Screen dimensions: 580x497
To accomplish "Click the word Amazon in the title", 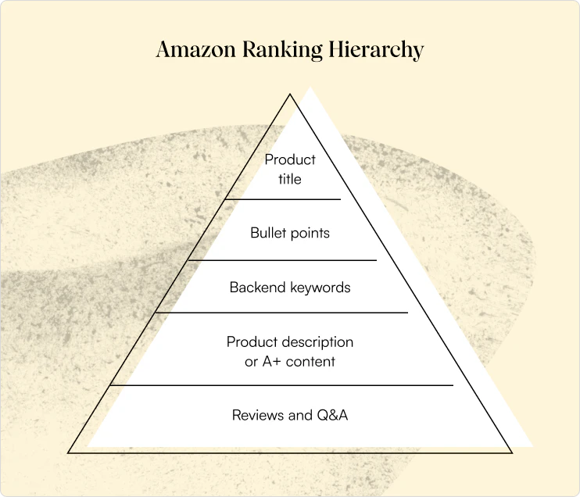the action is (x=195, y=49).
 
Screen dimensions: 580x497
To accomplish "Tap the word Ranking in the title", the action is (x=282, y=50).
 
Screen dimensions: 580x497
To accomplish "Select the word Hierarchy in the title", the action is (x=376, y=50).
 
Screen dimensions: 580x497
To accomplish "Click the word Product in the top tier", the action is (x=290, y=159).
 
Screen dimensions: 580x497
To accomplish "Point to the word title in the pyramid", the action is (x=290, y=180).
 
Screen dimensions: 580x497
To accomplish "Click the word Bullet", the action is (x=269, y=233).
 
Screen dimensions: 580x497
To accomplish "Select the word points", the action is (x=310, y=234).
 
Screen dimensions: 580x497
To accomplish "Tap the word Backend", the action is (x=258, y=288).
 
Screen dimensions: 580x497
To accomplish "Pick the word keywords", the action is (x=320, y=288).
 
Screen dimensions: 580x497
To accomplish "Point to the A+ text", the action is (x=271, y=362).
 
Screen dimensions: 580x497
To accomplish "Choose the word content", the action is (x=310, y=362).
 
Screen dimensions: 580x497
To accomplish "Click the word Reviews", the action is (x=258, y=415).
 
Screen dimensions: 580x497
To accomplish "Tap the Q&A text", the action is (x=332, y=415).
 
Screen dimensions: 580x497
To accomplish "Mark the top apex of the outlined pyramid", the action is (x=290, y=95).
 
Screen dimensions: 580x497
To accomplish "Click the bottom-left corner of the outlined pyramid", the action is (x=69, y=452).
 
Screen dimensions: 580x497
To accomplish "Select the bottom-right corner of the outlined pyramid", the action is (x=511, y=452).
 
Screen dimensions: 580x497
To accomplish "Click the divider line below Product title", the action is (x=283, y=199).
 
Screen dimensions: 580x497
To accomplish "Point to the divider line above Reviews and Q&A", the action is (x=282, y=385).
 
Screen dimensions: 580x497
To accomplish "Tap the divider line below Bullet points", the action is (x=283, y=260).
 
